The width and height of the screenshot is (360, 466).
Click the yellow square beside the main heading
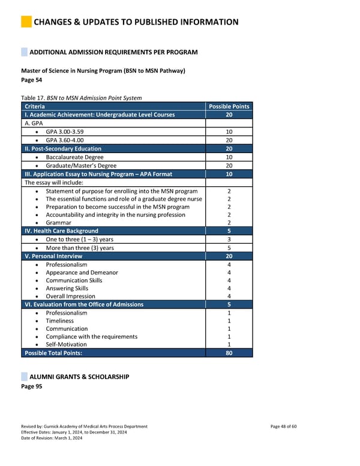click(26, 22)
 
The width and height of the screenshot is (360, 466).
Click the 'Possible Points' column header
click(229, 106)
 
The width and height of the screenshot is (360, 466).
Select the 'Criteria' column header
click(35, 106)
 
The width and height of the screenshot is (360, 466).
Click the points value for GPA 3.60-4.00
click(229, 140)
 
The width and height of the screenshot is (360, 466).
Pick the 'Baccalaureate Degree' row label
click(74, 157)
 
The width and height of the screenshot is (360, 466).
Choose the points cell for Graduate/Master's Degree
click(229, 165)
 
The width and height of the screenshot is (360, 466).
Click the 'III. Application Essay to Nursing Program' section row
click(98, 174)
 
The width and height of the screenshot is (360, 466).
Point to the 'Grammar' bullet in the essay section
click(58, 223)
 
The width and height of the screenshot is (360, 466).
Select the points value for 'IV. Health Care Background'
click(229, 231)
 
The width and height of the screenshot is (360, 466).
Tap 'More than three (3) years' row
click(79, 247)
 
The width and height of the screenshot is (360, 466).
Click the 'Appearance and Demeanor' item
click(82, 272)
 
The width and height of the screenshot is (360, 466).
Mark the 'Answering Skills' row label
click(67, 288)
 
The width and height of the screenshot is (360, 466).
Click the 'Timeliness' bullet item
click(61, 321)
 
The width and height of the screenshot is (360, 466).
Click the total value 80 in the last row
click(229, 353)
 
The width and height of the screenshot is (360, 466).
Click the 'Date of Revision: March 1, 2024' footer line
click(52, 438)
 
